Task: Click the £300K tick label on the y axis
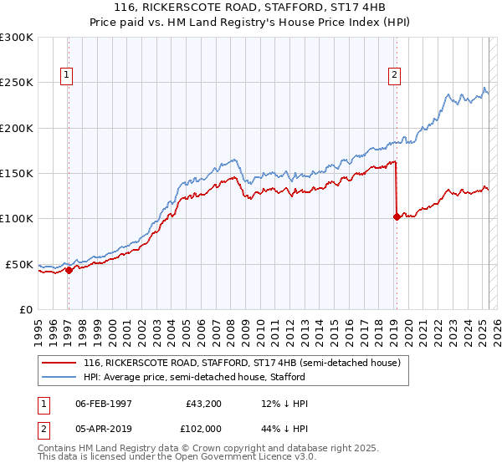point(16,38)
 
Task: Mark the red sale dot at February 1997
point(69,270)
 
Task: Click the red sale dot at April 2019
point(396,217)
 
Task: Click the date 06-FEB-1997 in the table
point(104,404)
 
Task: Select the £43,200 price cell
point(204,404)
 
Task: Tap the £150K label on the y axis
point(16,174)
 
